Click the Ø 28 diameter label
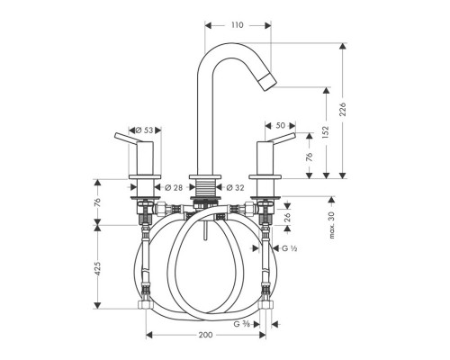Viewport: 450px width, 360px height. [176, 188]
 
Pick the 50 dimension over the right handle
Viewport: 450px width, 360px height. [279, 126]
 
